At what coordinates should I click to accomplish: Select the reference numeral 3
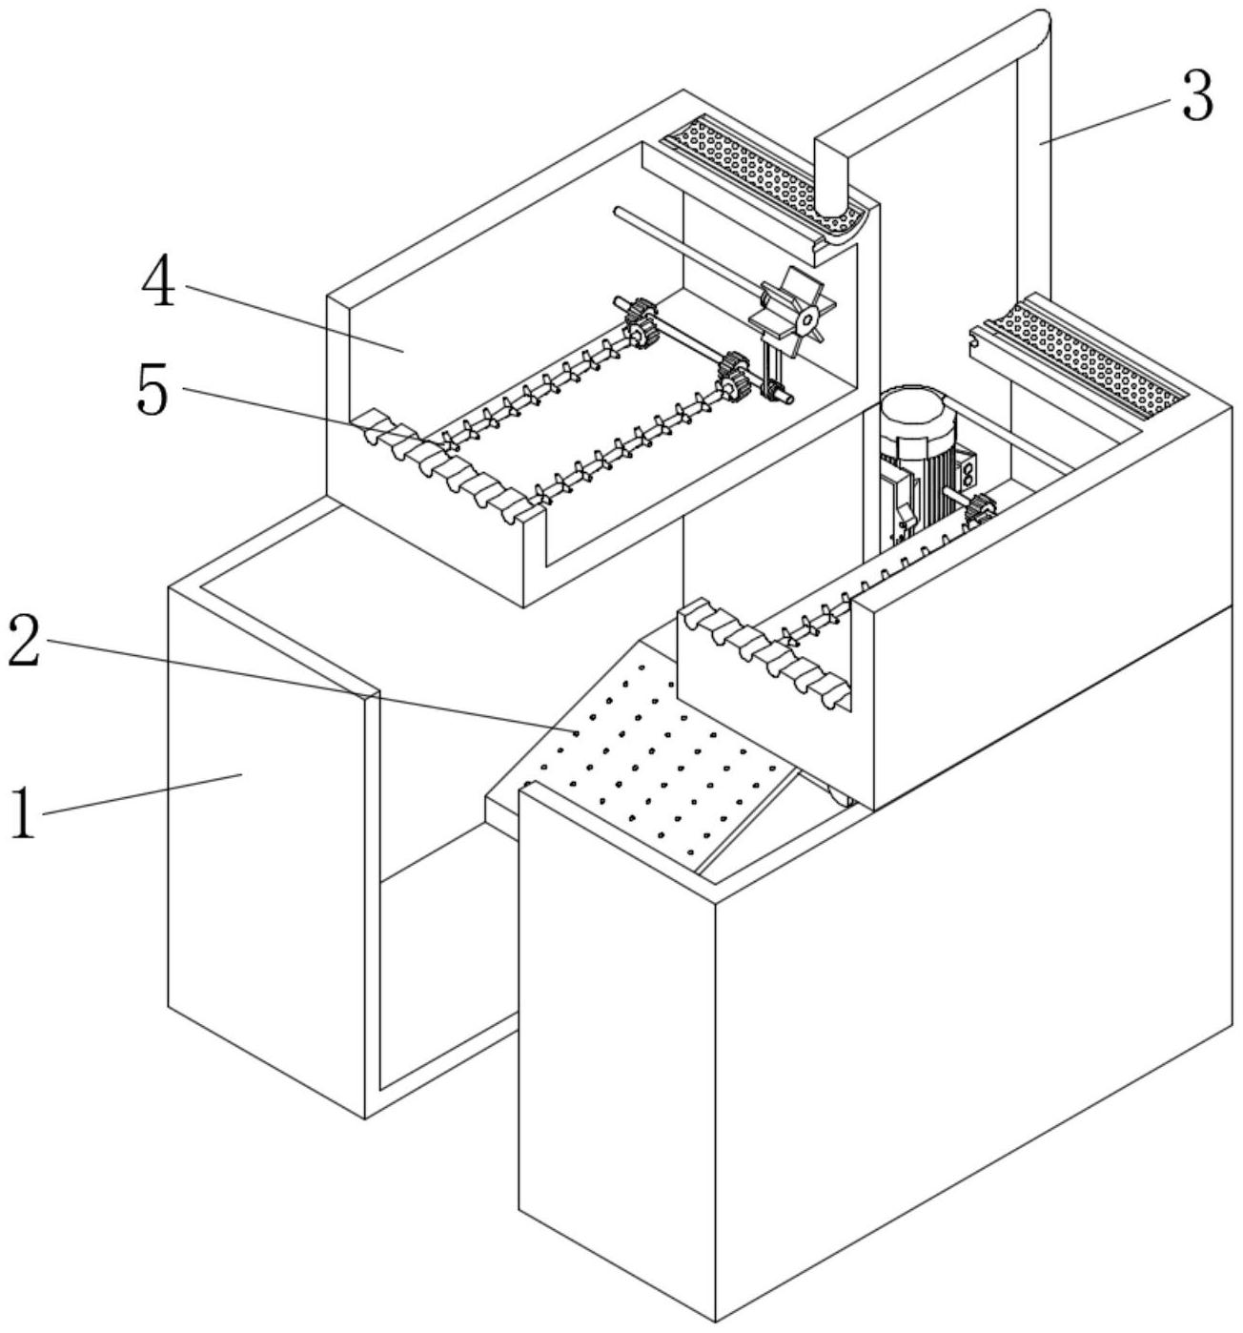tap(1197, 98)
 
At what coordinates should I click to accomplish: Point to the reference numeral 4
tap(159, 282)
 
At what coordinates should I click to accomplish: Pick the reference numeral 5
tap(153, 390)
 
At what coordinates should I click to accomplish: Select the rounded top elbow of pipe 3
tap(1035, 24)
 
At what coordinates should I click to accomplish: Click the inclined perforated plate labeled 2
tap(658, 753)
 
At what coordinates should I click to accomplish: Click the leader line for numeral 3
tap(1106, 122)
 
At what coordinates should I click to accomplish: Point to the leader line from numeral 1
tap(143, 795)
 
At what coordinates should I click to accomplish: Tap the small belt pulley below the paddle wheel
tap(778, 392)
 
